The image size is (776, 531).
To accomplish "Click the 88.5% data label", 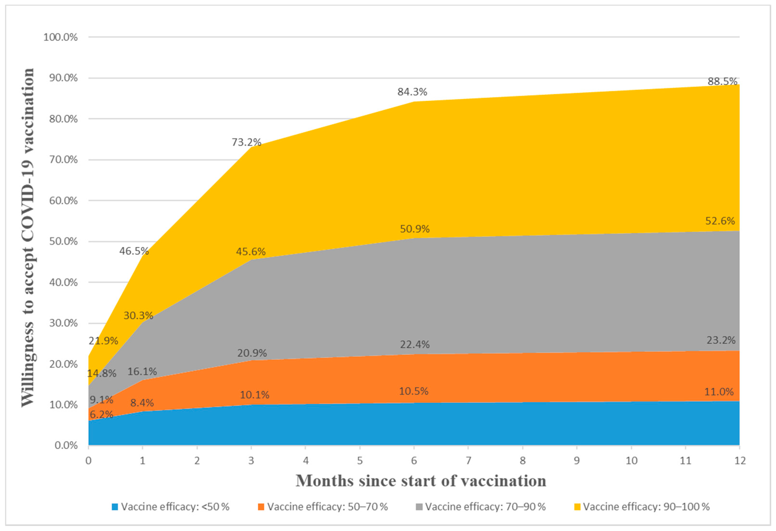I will tap(722, 81).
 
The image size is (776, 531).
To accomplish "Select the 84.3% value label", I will tap(412, 92).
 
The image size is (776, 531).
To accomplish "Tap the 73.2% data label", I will tap(246, 142).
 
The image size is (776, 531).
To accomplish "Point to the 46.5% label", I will tap(134, 251).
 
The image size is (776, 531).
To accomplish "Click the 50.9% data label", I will tap(415, 229).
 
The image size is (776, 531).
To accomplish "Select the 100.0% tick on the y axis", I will tap(61, 37).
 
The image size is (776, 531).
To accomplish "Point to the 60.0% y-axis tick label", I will tap(63, 201).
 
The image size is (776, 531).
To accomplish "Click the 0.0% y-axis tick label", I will tap(66, 445).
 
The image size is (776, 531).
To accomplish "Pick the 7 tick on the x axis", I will tap(468, 461).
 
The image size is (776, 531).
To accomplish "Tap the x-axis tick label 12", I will tap(740, 461).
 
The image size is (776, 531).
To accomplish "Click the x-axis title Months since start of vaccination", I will tap(421, 481).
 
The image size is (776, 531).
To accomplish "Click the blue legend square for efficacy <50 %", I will tap(115, 507).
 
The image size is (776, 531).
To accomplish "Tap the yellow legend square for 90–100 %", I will tap(577, 507).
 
